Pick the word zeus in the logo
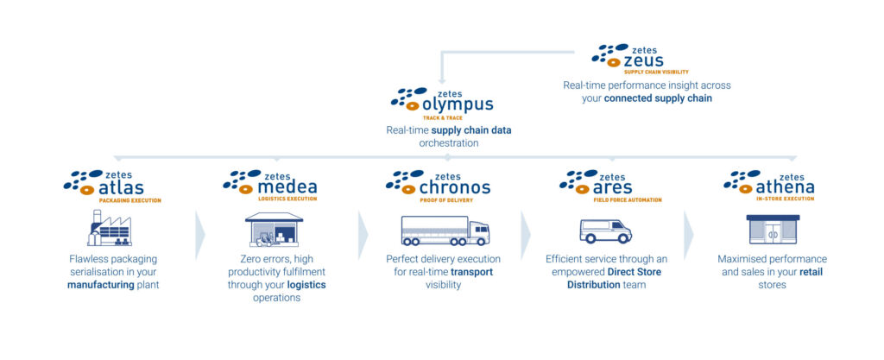click(x=643, y=60)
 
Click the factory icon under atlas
click(x=109, y=228)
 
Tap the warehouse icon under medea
click(x=274, y=230)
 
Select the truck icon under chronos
click(x=445, y=231)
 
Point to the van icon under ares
click(x=605, y=231)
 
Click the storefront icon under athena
click(x=773, y=230)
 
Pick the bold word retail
click(x=811, y=272)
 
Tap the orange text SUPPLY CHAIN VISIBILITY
click(x=656, y=72)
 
